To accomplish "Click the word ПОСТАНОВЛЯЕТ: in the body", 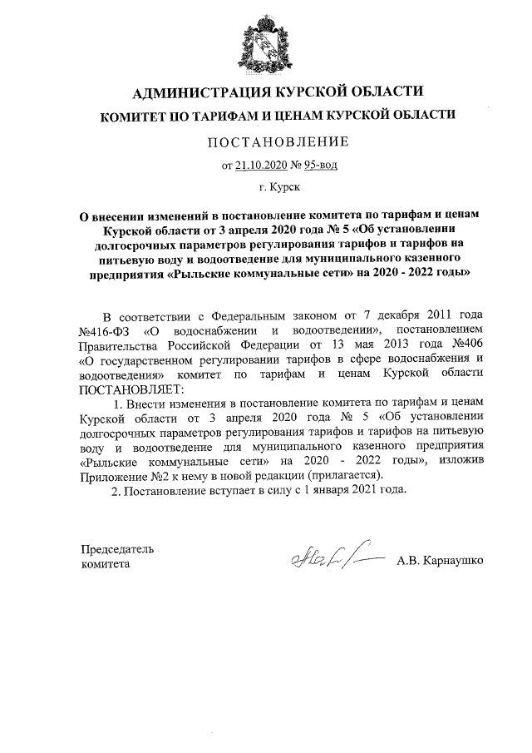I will click(128, 389).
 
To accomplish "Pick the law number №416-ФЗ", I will click(105, 331).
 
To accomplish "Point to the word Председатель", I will click(116, 549).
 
